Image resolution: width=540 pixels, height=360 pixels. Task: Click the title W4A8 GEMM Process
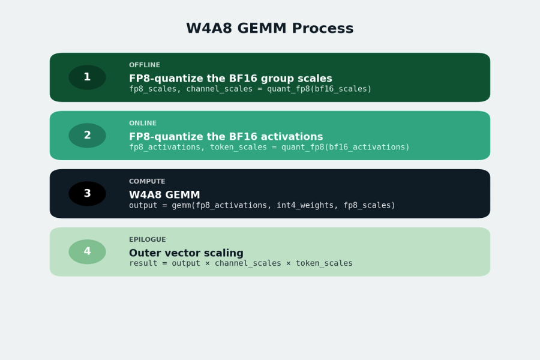(x=269, y=29)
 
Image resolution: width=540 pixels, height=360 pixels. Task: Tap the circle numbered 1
(x=87, y=77)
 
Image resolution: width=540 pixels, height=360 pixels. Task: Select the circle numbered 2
(x=87, y=136)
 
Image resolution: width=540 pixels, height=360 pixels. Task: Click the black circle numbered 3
(x=87, y=194)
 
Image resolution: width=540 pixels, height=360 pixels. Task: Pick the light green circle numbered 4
(x=87, y=252)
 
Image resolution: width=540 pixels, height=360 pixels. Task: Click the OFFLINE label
(x=145, y=65)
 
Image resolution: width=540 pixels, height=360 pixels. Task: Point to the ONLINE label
(x=143, y=124)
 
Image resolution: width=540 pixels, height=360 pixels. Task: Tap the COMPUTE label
(x=147, y=182)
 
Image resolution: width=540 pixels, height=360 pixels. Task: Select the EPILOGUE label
(x=148, y=240)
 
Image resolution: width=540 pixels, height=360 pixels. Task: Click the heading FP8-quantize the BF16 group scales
(x=230, y=79)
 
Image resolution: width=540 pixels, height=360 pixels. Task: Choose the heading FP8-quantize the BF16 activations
(x=226, y=137)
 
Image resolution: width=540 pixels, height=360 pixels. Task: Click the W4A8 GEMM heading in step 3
(x=164, y=195)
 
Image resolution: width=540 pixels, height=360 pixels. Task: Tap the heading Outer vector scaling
(x=186, y=253)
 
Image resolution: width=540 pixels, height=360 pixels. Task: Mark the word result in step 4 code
(x=143, y=263)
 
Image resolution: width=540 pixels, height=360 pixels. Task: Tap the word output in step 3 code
(x=143, y=205)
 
